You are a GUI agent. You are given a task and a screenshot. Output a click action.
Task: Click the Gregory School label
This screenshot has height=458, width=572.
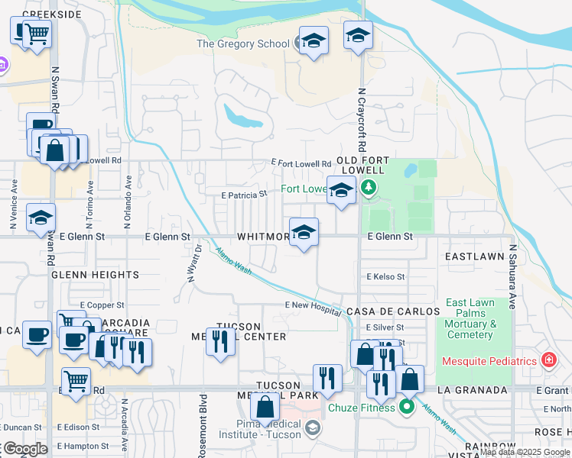point(243,44)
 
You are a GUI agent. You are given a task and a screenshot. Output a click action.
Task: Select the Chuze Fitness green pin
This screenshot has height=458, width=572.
point(406,407)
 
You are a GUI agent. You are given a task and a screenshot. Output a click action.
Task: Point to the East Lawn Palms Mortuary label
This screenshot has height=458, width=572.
point(470,319)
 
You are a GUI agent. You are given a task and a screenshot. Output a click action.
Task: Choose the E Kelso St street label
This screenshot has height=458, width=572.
point(385,276)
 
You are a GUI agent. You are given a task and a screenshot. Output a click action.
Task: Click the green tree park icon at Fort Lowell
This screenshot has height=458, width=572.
point(369,188)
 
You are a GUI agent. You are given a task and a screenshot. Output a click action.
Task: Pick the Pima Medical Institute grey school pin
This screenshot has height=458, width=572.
point(312,428)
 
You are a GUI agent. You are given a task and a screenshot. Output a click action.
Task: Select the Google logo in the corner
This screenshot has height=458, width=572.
point(24,449)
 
